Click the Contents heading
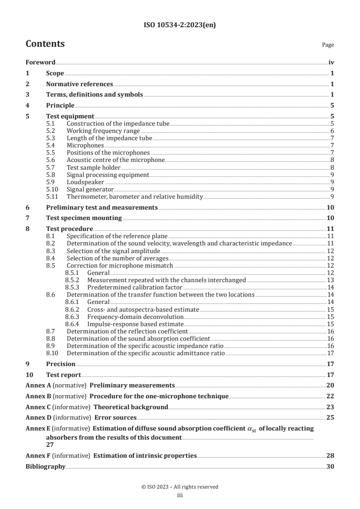(45, 44)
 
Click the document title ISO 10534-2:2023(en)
(180, 25)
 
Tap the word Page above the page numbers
(328, 45)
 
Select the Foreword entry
(40, 63)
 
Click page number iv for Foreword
(331, 63)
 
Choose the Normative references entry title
(79, 84)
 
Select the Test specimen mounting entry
(84, 218)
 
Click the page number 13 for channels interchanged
(331, 280)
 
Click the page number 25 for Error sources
(330, 417)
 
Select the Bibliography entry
(45, 466)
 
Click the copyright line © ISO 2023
(180, 487)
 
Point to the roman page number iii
(180, 495)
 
